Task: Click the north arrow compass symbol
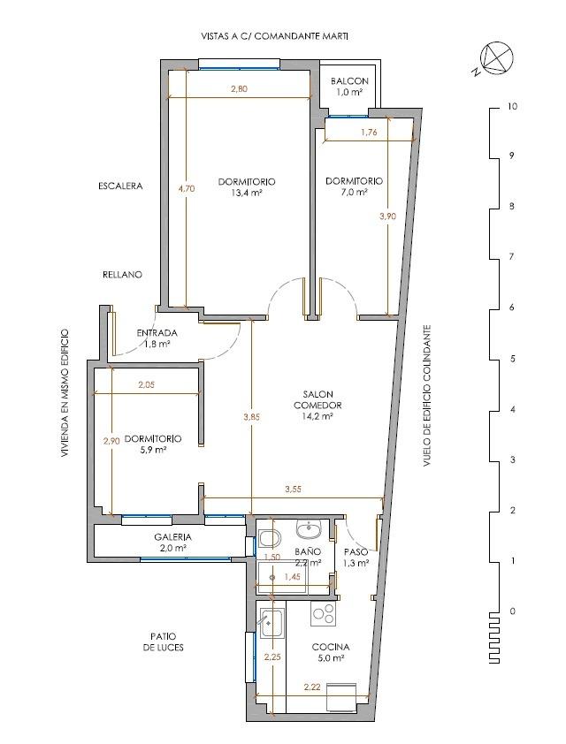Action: pos(497,58)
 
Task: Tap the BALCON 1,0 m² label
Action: pos(349,87)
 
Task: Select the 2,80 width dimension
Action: pos(240,88)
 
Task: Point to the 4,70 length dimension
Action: pos(186,188)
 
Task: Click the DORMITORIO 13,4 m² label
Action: pos(247,187)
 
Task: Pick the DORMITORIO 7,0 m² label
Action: pos(355,186)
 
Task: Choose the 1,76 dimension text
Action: pos(369,133)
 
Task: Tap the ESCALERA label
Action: pos(120,186)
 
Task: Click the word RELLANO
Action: pos(123,275)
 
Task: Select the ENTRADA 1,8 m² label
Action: pos(157,338)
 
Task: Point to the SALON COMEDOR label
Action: pos(317,400)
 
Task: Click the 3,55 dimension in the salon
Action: pos(294,490)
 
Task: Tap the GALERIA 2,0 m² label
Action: pos(172,543)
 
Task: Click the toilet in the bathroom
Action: pos(270,539)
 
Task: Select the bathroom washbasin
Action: pos(310,528)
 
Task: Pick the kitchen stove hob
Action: pos(324,613)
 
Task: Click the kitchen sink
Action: pos(272,623)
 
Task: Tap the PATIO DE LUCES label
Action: pos(164,642)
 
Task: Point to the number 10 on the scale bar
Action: pos(512,107)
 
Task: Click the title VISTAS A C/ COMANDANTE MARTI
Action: pos(275,36)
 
